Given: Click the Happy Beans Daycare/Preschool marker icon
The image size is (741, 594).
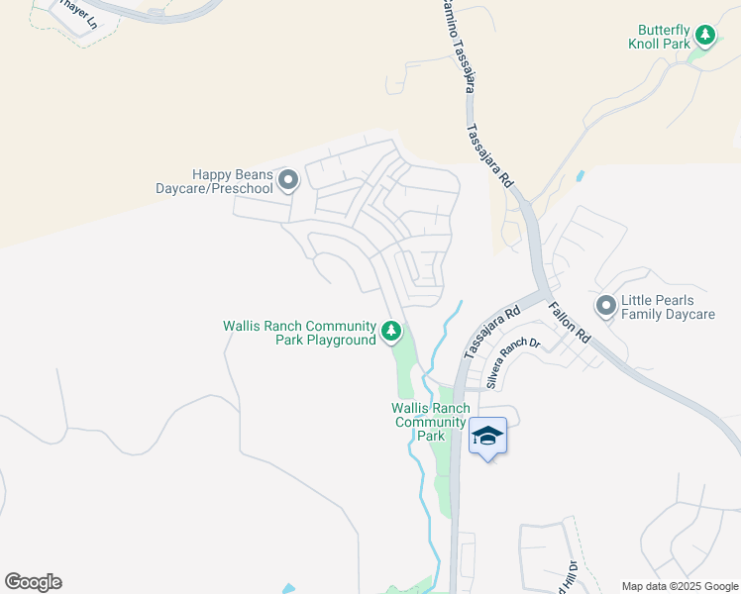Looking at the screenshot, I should (288, 180).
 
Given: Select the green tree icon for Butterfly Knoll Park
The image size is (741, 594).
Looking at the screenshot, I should (704, 37).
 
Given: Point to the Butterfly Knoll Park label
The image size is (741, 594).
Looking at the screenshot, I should (659, 37).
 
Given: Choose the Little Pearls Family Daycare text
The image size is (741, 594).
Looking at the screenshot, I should (667, 307).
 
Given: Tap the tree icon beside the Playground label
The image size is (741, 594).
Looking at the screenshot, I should (392, 332).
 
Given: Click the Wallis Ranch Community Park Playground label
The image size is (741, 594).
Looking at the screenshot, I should (299, 333).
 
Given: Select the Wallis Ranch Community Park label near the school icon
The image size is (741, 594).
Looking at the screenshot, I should (430, 422).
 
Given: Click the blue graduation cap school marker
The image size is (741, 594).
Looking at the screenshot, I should (487, 435).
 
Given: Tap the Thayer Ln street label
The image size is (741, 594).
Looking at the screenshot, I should (77, 13).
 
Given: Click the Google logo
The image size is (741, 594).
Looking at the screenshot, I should (33, 582).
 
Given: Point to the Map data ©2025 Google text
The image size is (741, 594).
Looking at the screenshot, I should (680, 585).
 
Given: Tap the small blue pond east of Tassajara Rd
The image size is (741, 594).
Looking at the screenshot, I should (580, 177).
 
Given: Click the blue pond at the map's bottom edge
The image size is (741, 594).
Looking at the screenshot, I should (287, 588).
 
